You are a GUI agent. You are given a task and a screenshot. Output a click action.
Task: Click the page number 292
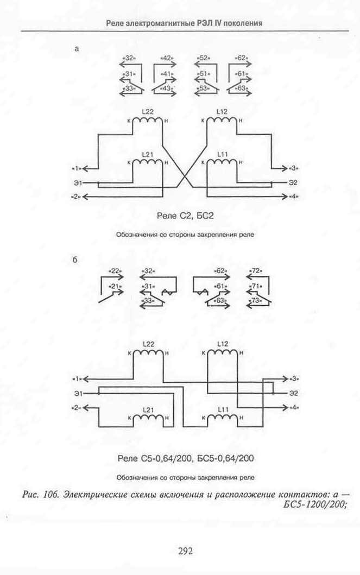click(185, 550)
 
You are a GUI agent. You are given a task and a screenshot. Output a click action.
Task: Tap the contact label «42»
click(167, 58)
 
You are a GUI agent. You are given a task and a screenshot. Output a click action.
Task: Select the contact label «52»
click(203, 58)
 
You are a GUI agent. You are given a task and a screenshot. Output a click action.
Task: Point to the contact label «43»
click(167, 89)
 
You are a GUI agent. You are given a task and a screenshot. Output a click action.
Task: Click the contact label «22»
click(116, 271)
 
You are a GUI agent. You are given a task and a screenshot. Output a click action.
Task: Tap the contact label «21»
click(116, 286)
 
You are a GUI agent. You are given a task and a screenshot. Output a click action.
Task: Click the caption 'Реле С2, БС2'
click(185, 216)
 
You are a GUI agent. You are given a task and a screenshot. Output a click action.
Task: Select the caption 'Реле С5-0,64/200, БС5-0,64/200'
click(186, 458)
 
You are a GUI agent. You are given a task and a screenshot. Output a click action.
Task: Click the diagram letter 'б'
click(75, 260)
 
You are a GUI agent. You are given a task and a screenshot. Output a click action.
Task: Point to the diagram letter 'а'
click(77, 49)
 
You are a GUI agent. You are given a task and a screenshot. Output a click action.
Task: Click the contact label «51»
click(203, 74)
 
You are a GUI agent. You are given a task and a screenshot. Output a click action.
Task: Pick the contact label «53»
click(203, 89)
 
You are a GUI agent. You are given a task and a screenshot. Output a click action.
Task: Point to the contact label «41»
click(167, 74)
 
